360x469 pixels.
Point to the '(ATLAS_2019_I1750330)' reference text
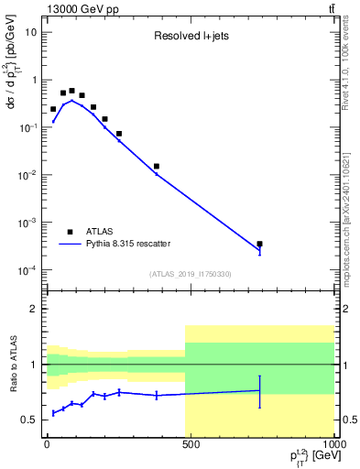tap(191, 274)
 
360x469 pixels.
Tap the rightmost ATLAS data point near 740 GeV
tap(260, 244)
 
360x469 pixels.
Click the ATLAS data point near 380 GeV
tap(157, 166)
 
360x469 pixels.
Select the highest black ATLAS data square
tap(71, 91)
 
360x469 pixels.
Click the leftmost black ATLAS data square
tap(53, 108)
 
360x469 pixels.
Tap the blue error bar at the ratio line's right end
tap(260, 391)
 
